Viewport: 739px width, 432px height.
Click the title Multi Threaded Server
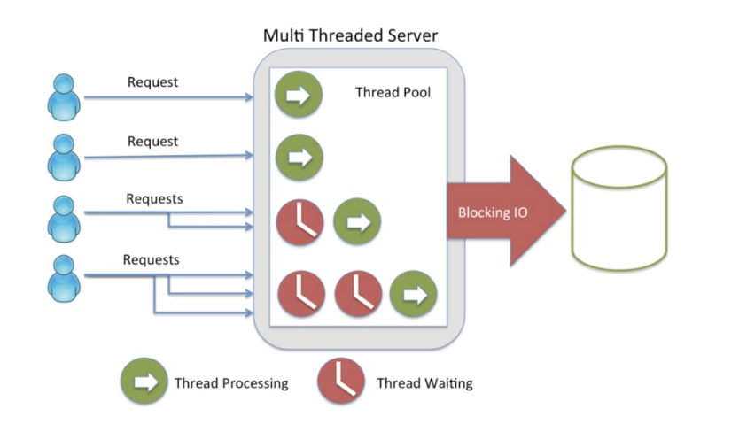point(351,37)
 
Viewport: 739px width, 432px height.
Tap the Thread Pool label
point(393,92)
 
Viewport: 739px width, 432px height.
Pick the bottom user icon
point(63,276)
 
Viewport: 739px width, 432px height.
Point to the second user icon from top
point(63,157)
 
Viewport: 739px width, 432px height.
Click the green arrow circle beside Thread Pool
point(299,95)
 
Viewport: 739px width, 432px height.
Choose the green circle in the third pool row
point(357,221)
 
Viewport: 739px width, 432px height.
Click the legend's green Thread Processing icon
point(144,382)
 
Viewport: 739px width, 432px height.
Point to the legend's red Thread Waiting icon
point(341,382)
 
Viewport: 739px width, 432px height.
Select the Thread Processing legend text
point(231,383)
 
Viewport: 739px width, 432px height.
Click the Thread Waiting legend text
point(424,383)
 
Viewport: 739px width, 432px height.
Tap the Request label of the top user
point(152,82)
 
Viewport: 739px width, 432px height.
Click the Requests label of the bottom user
point(151,260)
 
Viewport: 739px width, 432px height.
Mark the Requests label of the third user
point(154,199)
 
